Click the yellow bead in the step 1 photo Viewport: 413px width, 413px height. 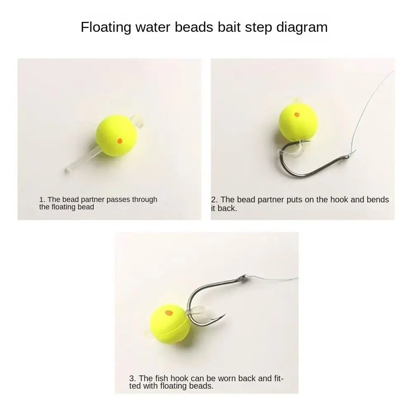(116, 136)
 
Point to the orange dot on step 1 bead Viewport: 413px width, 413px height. (120, 141)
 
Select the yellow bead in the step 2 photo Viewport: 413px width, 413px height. (298, 122)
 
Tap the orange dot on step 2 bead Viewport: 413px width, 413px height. (297, 114)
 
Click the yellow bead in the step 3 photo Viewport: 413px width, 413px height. (170, 324)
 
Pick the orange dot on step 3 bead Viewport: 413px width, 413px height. (169, 313)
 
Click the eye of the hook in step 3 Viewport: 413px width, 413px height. (242, 278)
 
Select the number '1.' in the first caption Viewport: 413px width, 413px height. (42, 199)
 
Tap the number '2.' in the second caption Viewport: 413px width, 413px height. (214, 199)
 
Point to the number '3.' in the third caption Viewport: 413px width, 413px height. (133, 378)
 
